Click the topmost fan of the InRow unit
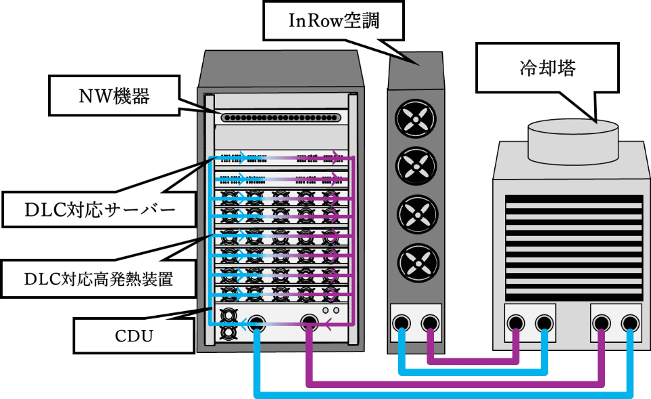click(414, 121)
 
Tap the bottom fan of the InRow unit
click(414, 261)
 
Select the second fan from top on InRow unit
click(414, 167)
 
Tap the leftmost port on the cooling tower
click(517, 322)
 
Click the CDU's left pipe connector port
click(256, 323)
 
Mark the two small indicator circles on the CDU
click(330, 310)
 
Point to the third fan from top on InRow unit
click(414, 214)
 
